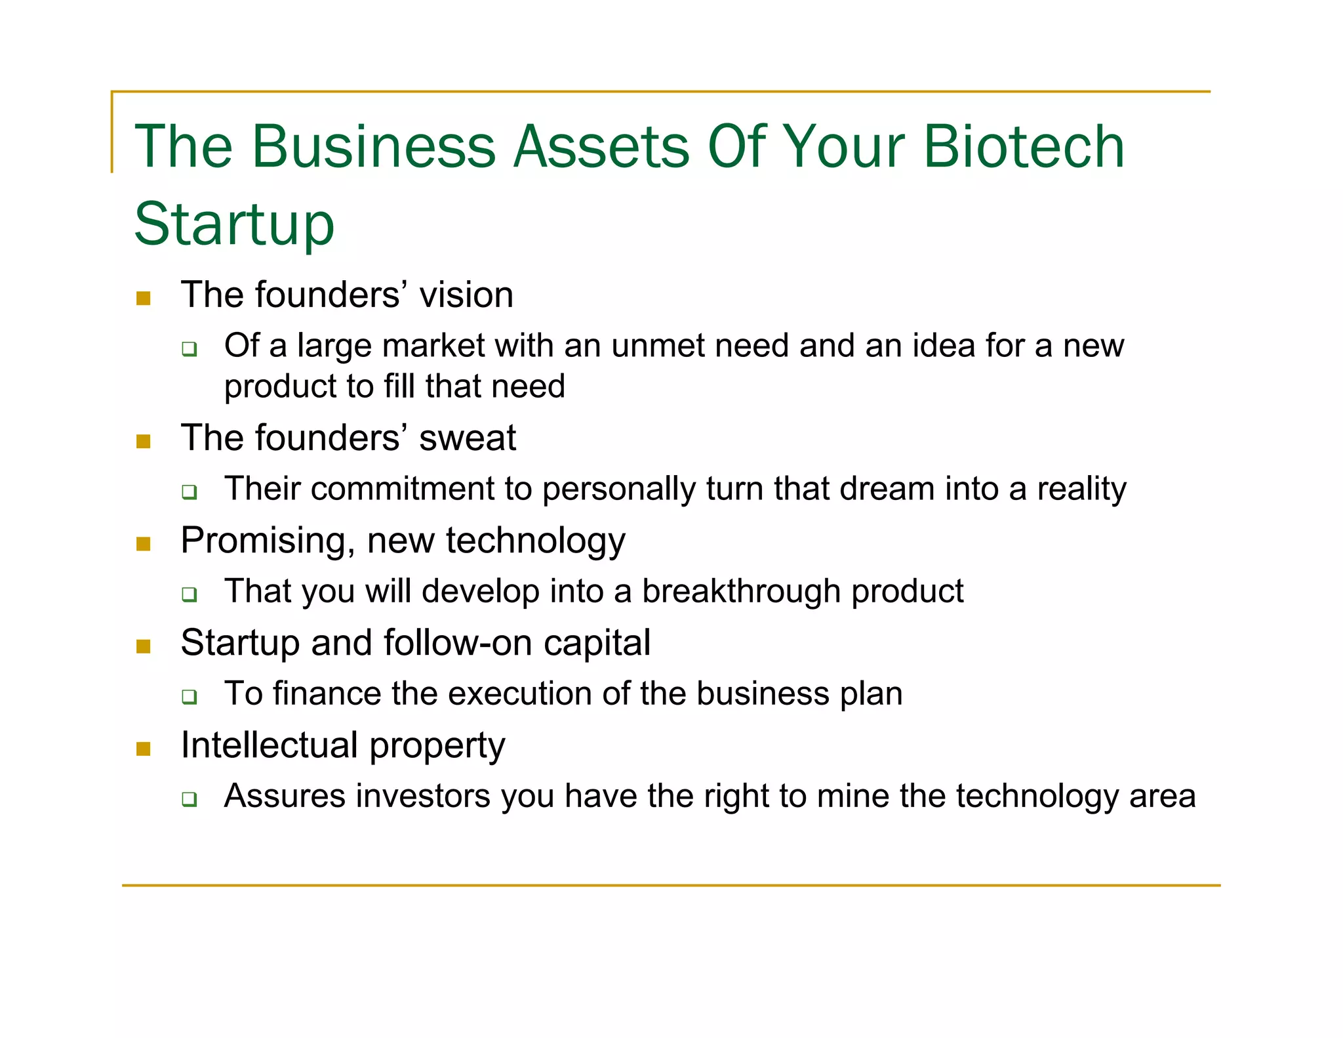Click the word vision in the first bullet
(x=466, y=295)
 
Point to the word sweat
(x=468, y=438)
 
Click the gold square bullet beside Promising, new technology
(x=144, y=544)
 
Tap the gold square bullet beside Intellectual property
(x=144, y=749)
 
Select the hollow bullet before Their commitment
(x=190, y=491)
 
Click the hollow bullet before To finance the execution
(x=190, y=696)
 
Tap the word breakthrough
(x=741, y=591)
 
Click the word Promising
(x=268, y=541)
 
